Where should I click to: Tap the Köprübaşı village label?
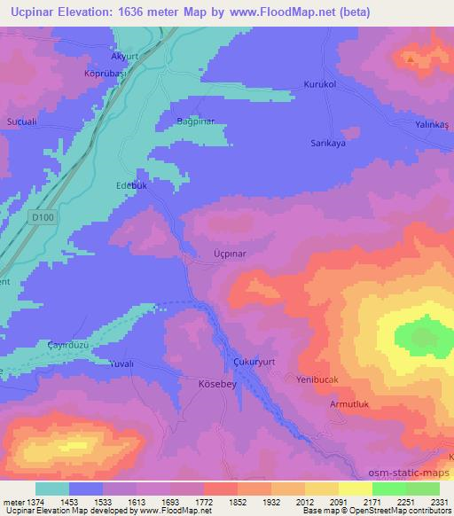point(103,74)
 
